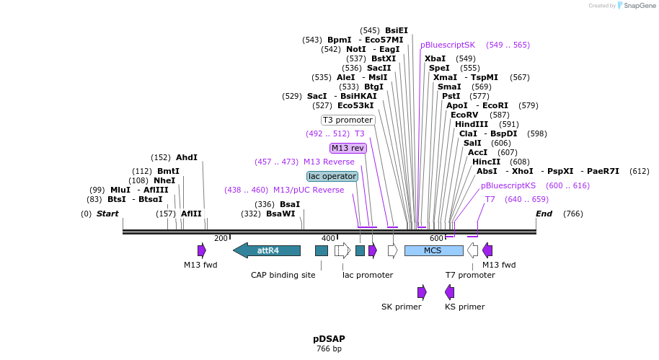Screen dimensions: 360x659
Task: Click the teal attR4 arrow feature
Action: (x=267, y=250)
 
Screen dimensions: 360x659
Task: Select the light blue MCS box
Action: (x=433, y=250)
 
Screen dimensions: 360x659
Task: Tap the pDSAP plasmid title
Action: (x=329, y=338)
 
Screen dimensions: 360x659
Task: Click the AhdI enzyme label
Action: (x=187, y=157)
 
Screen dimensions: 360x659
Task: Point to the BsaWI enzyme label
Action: (x=280, y=214)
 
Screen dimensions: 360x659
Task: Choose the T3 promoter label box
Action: (x=348, y=120)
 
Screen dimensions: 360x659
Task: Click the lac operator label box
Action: (x=332, y=176)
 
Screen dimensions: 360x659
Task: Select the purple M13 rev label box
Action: (x=348, y=148)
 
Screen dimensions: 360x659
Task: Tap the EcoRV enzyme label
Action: (x=464, y=115)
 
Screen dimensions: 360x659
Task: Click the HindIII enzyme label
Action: (x=472, y=124)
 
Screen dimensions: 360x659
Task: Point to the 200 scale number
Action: (x=221, y=238)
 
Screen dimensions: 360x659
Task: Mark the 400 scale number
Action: (x=328, y=238)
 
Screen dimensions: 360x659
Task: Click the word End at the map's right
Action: (x=544, y=214)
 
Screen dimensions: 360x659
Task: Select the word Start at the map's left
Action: (x=107, y=214)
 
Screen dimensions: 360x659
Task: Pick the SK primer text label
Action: (x=402, y=307)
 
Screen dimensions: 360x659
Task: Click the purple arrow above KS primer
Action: (x=450, y=291)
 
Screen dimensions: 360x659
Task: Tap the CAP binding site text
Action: (x=283, y=275)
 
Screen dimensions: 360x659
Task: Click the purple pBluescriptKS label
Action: (x=508, y=185)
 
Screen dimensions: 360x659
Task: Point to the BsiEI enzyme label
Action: (x=396, y=30)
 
